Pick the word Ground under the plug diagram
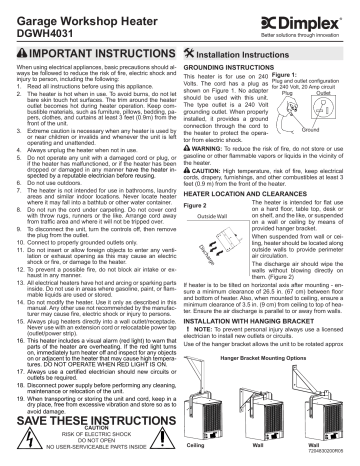click(312, 159)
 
